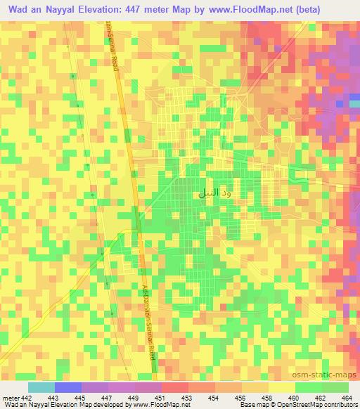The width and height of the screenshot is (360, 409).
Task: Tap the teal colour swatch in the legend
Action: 41,387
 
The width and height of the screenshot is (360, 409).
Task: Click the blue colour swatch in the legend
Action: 67,387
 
